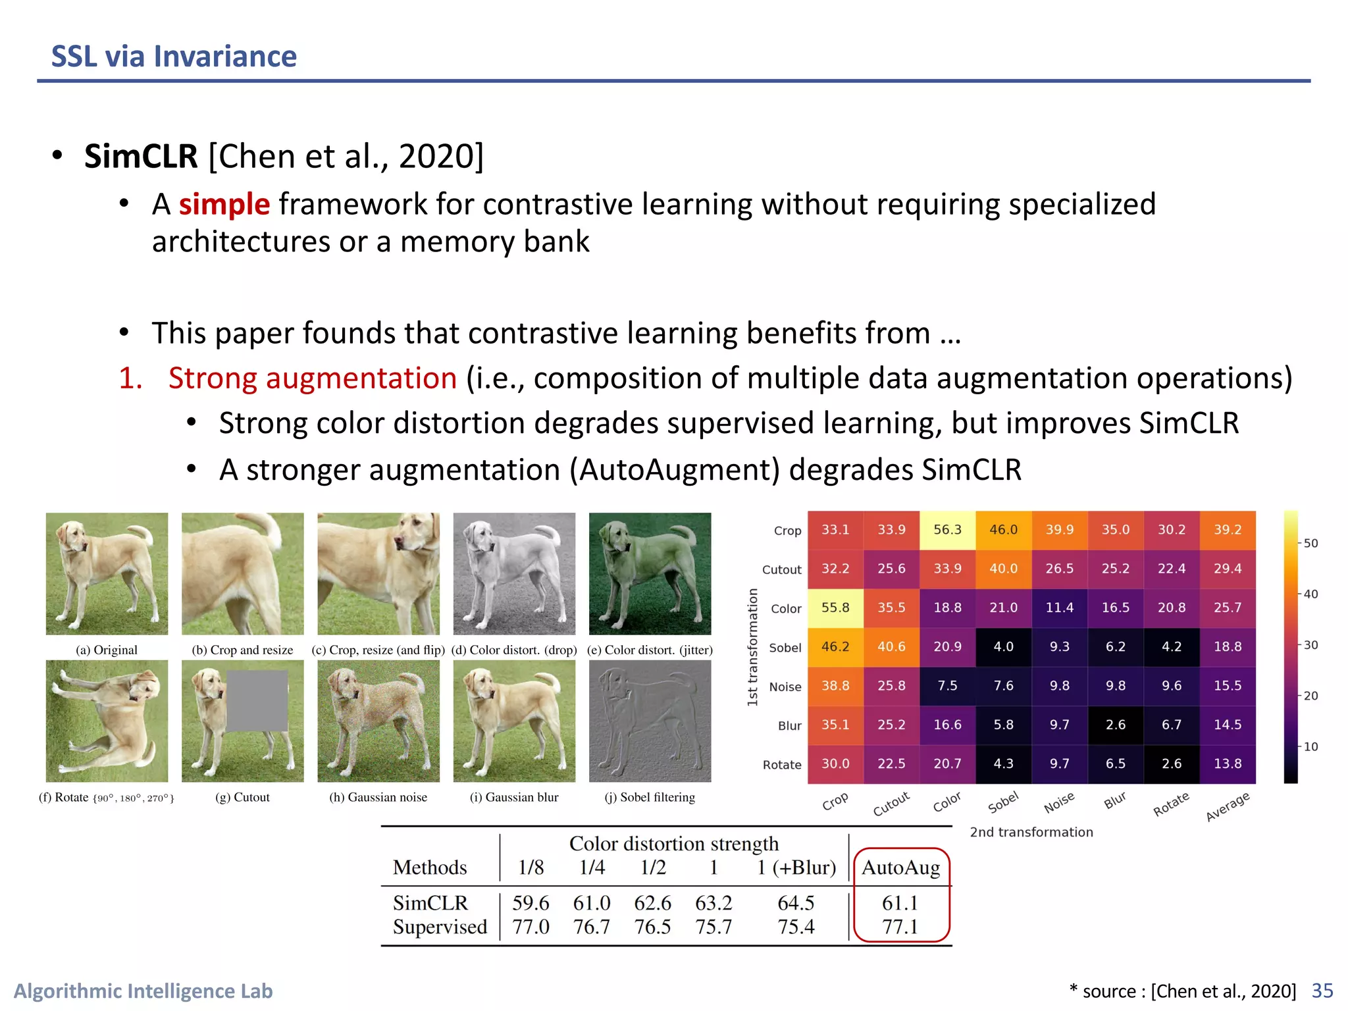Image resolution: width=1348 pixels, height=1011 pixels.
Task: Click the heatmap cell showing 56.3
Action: click(x=947, y=530)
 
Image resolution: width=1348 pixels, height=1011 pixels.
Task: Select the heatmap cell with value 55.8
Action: click(x=835, y=608)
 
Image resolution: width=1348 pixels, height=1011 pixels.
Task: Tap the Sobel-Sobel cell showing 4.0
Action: click(x=1003, y=647)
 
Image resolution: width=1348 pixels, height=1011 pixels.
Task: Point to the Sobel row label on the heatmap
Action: click(x=785, y=648)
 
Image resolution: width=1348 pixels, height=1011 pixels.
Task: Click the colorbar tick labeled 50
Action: click(x=1310, y=544)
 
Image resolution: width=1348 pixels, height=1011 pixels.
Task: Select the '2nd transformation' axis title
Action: click(x=1031, y=832)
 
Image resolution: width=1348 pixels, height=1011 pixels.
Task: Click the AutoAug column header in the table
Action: click(x=900, y=868)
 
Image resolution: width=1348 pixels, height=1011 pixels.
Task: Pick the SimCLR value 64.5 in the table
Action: click(x=796, y=902)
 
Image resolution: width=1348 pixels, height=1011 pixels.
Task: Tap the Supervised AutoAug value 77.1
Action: click(x=900, y=927)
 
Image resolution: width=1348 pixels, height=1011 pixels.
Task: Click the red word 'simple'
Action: click(x=224, y=204)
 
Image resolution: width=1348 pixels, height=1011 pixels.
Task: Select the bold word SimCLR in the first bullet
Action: click(x=141, y=157)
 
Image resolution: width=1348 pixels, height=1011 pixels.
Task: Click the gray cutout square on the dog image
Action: click(x=257, y=700)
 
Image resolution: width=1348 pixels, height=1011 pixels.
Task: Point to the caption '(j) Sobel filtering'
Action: click(x=650, y=797)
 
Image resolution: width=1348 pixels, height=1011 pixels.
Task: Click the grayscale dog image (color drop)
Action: click(x=514, y=573)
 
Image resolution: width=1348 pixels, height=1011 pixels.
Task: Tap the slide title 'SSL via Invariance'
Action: click(x=174, y=57)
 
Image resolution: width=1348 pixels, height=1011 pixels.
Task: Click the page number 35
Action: click(x=1322, y=991)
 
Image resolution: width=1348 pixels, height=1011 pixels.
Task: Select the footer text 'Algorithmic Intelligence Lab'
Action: click(x=143, y=991)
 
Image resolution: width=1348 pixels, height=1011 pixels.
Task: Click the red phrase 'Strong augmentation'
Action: click(x=313, y=378)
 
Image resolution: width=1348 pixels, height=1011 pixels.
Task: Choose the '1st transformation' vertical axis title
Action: click(x=752, y=647)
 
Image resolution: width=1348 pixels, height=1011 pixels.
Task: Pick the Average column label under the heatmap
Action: click(x=1227, y=806)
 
